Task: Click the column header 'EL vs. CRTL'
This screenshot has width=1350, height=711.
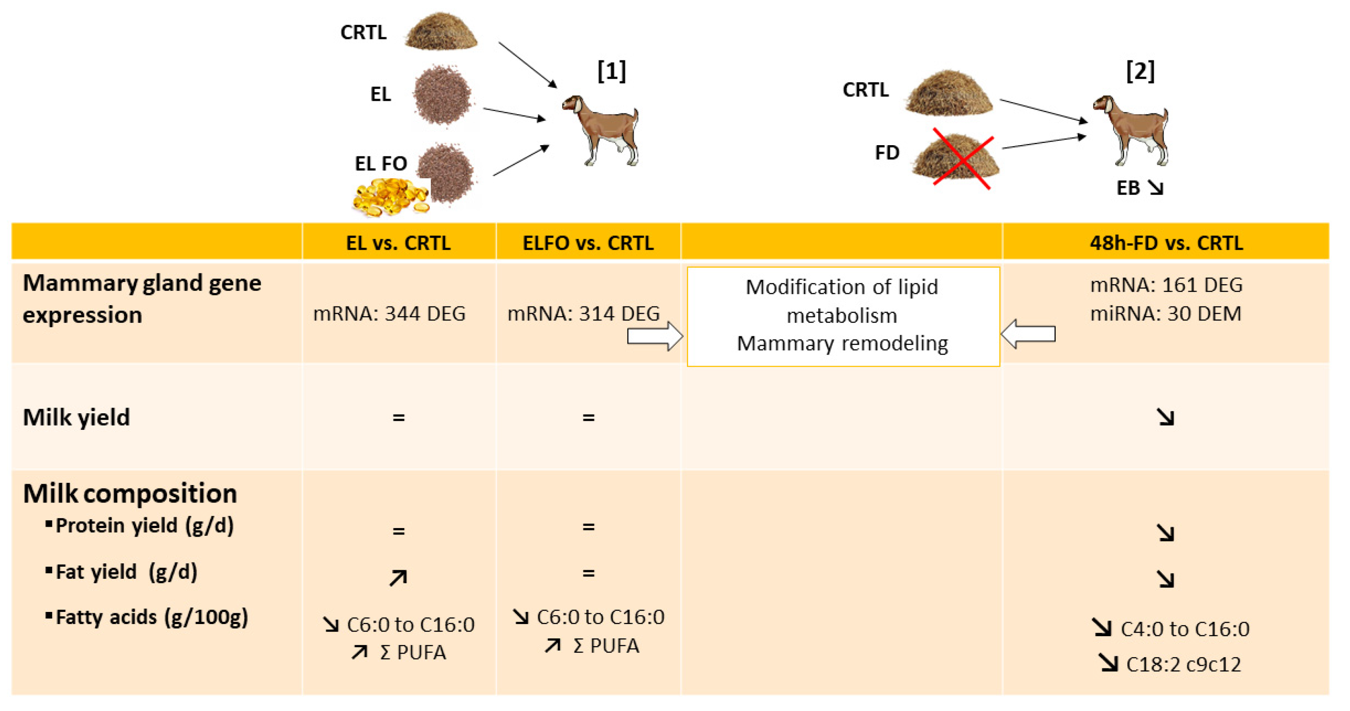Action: coord(398,243)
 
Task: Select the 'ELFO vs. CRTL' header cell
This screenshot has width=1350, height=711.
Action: coord(588,243)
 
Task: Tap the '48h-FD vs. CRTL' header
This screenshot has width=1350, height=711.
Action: coord(1166,243)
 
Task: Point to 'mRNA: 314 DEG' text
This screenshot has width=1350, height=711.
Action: coord(583,313)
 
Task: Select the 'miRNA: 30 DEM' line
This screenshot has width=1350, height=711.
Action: coord(1166,313)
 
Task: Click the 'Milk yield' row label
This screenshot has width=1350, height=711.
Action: coord(77,417)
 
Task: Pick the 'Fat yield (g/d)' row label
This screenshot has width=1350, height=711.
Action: coord(126,571)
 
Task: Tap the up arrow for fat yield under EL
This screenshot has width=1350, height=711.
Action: coord(398,578)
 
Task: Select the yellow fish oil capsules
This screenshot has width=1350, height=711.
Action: coord(390,196)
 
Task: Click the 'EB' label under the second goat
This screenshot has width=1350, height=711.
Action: coord(1128,188)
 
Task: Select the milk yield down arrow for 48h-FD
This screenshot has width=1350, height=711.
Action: coord(1166,417)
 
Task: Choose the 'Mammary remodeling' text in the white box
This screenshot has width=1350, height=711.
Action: coord(842,343)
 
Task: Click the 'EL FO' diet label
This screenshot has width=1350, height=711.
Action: coord(380,163)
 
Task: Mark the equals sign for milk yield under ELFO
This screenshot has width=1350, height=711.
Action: coord(588,418)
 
